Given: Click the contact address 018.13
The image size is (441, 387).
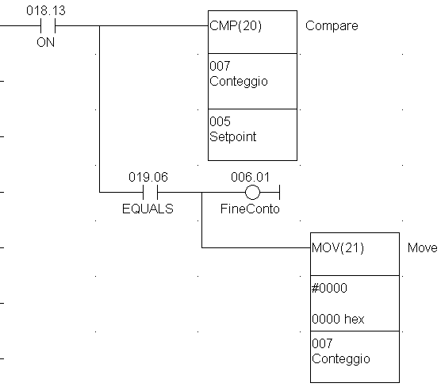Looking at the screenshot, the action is coord(46,10).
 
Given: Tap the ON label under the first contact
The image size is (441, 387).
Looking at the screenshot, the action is coord(45,43).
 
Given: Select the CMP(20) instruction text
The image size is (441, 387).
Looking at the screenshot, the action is coord(236,26).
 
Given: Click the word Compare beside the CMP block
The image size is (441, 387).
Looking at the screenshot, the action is coord(332,26).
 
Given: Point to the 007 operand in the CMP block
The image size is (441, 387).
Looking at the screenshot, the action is coord(220,66).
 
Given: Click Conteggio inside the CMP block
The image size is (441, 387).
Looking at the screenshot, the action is coord(239,82).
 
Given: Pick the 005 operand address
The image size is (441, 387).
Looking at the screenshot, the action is coord(220,121).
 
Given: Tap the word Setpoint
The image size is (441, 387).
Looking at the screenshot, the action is coord(233,136).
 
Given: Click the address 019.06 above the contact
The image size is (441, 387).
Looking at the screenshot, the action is coord(148,177).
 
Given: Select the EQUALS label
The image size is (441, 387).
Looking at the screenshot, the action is coord(148,209).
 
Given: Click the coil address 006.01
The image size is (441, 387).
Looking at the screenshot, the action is coord(251,177).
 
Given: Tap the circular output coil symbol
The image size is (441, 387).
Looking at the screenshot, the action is coord(252,193).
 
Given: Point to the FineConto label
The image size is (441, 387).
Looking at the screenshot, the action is coord(250,209).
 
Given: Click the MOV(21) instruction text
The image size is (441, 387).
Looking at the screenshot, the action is coord(338,248).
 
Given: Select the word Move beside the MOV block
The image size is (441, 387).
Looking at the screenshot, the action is coord(422,248).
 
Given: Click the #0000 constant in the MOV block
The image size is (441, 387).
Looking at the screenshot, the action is coord(329,289).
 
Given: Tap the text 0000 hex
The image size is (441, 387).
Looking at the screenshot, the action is coord(338,320).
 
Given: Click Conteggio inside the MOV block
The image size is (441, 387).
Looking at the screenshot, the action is coord(341,359).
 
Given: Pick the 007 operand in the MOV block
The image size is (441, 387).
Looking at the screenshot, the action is coord(322,343).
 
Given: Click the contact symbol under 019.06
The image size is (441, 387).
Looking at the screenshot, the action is coord(150,193).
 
